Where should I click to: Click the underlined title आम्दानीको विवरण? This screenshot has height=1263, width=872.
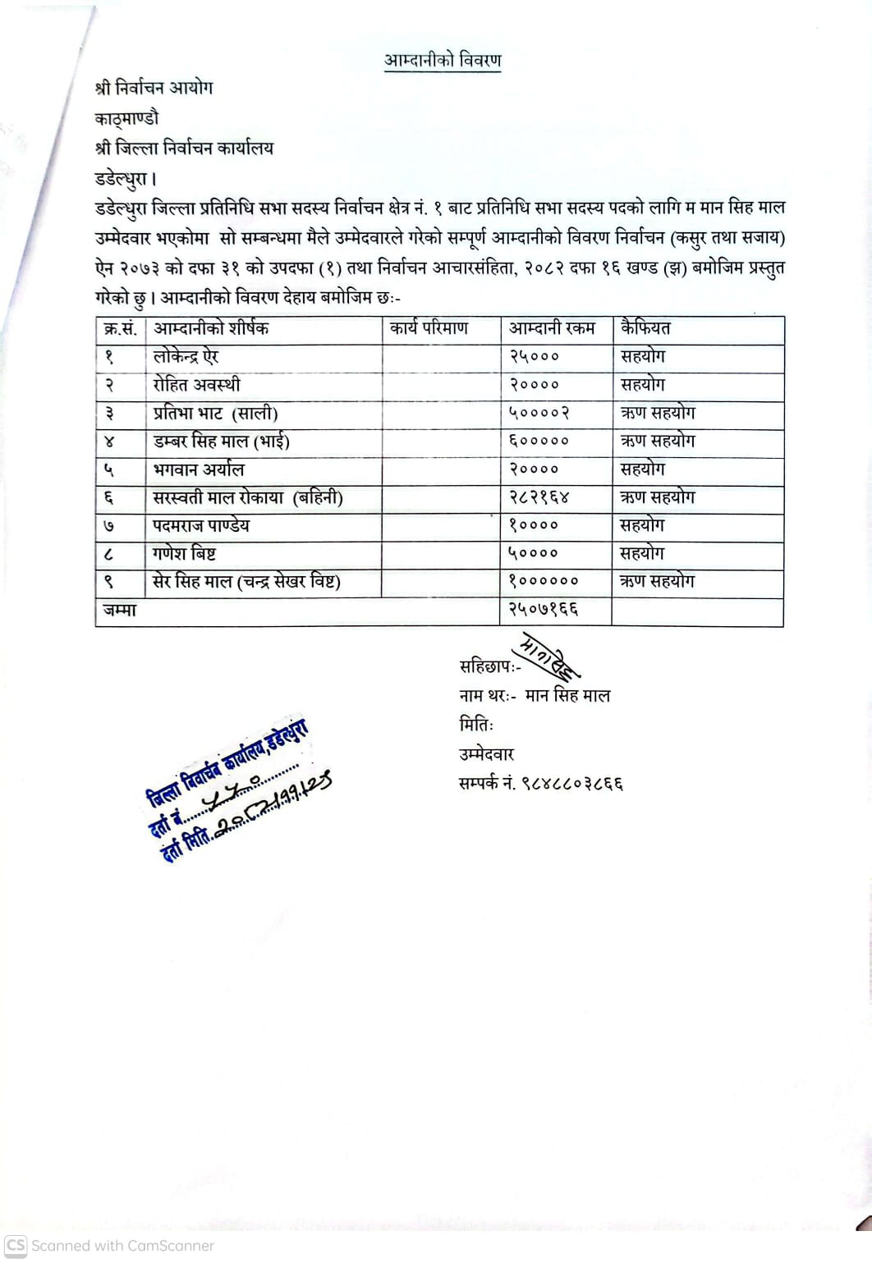click(443, 61)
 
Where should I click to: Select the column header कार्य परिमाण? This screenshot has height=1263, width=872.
click(429, 329)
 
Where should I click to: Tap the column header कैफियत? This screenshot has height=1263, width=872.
click(645, 329)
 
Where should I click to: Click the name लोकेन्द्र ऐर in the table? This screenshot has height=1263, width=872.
click(186, 357)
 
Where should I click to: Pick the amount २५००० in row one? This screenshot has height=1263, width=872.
click(534, 357)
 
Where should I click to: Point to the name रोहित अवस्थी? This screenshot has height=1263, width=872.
click(197, 385)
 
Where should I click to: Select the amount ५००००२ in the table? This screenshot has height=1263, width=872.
click(539, 414)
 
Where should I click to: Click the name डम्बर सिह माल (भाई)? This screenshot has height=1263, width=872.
click(221, 442)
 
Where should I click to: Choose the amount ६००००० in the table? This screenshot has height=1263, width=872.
click(539, 442)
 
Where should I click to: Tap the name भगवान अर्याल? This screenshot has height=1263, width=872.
click(199, 470)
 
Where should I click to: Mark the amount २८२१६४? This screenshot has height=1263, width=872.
click(539, 498)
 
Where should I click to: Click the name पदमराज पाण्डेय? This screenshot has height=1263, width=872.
click(201, 526)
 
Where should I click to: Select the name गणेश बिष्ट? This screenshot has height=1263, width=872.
click(184, 554)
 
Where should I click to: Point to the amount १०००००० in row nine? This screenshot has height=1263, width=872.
click(544, 582)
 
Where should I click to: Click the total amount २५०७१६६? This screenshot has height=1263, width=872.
click(544, 610)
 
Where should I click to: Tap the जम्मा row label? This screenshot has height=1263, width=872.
click(120, 611)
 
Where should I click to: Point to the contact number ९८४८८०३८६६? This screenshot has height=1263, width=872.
click(572, 784)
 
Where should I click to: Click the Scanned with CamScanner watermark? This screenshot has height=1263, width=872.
click(110, 1246)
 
